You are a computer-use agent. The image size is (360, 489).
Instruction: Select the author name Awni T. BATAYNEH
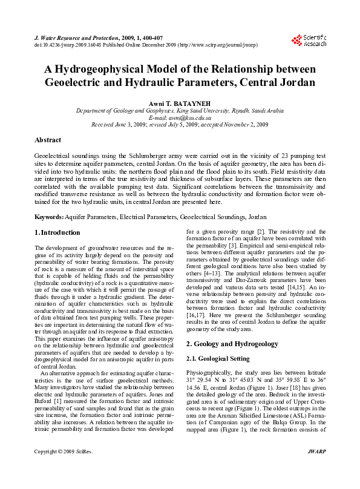pos(179,102)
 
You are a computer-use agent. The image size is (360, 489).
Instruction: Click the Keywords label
pos(49,216)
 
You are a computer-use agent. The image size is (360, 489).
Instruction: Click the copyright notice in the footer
pos(63,468)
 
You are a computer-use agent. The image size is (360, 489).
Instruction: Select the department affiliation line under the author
pos(179,111)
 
